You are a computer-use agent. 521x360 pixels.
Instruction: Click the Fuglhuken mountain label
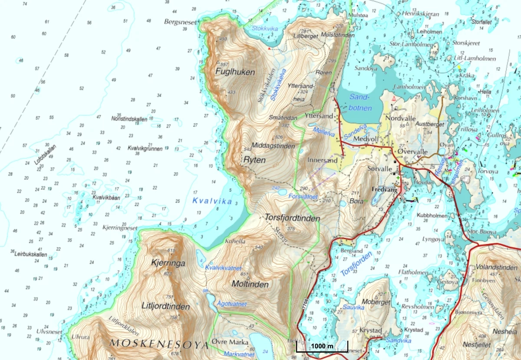click(235, 72)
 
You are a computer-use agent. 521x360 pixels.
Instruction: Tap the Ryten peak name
click(254, 160)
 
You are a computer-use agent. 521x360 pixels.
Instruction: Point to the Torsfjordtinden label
click(292, 218)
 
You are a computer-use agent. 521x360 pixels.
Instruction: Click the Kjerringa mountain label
click(168, 263)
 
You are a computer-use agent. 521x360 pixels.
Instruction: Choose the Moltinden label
click(250, 284)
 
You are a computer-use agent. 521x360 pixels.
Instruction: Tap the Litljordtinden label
click(165, 307)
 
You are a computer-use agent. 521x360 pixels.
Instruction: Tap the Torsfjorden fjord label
click(357, 264)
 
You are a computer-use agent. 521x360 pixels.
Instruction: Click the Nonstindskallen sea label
click(129, 119)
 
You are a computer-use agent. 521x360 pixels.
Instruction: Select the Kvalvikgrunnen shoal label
click(145, 149)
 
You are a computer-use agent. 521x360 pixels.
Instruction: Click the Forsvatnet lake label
click(303, 197)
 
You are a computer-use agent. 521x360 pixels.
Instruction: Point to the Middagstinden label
click(273, 146)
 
